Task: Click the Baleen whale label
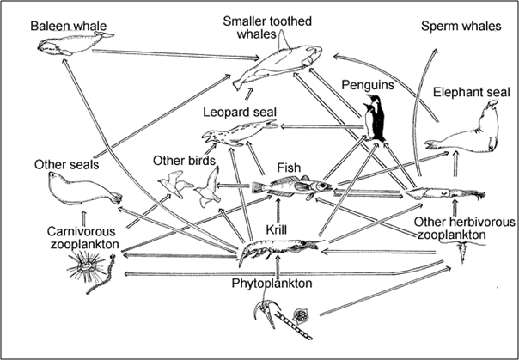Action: tap(69, 26)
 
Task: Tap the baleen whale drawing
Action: tap(75, 44)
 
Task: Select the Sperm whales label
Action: tap(461, 26)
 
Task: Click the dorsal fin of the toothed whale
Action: tap(283, 40)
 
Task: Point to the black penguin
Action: tap(378, 119)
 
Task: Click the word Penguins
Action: tap(368, 85)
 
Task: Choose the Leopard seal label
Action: tap(240, 113)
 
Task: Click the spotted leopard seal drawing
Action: tap(239, 133)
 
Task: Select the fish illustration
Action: tap(292, 187)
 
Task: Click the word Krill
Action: tap(276, 229)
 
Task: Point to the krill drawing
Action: tap(279, 251)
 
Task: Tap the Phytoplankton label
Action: tap(272, 284)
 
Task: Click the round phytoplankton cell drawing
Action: tap(301, 315)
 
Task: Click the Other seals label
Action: tap(66, 164)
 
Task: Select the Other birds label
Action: tap(184, 161)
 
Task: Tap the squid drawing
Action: tap(445, 193)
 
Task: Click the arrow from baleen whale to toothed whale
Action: tap(175, 55)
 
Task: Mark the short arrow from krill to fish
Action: tap(278, 211)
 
